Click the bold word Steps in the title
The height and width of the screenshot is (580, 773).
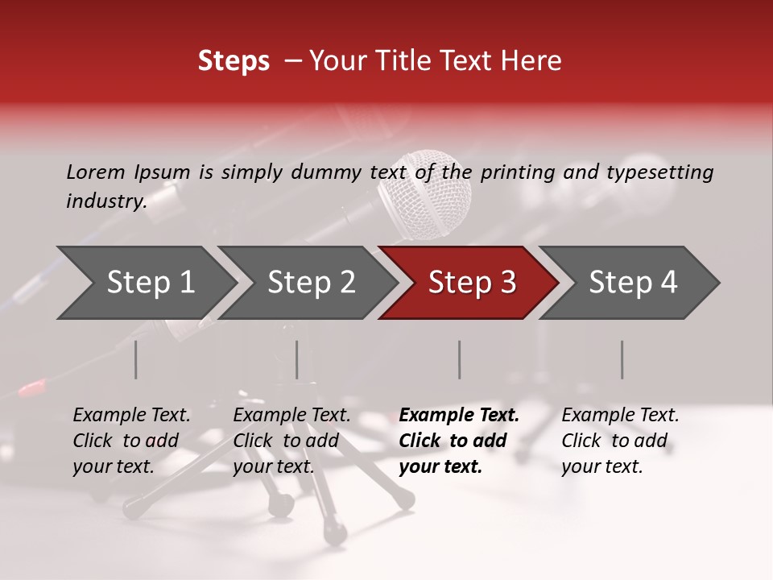(234, 61)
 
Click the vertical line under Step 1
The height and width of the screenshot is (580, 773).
(136, 359)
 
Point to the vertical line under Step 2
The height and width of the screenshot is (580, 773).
(297, 359)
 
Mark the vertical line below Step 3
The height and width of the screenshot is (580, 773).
(459, 359)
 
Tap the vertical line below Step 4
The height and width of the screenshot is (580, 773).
(622, 359)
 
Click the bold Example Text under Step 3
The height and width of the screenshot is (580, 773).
(459, 416)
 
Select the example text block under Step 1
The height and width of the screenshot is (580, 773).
(132, 441)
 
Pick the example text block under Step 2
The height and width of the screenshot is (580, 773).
(291, 441)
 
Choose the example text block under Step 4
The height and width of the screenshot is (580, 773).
(620, 441)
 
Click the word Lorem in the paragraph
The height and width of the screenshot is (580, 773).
(96, 172)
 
